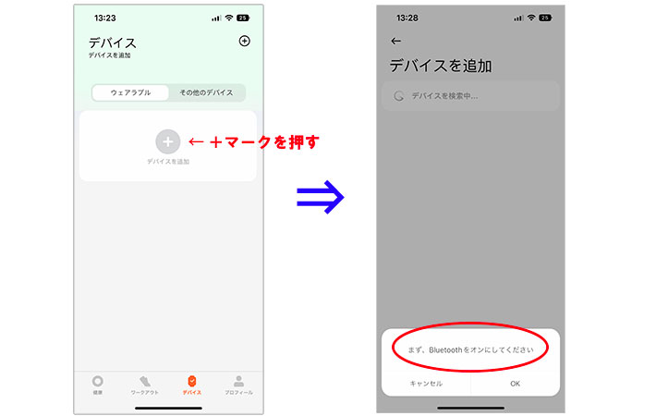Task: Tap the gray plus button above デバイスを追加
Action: pos(168,141)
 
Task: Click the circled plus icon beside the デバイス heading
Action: pos(244,41)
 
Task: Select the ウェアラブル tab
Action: pos(130,92)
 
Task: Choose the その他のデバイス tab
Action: pos(206,92)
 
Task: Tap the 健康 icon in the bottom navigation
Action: pos(98,381)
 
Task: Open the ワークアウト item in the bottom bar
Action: pos(145,381)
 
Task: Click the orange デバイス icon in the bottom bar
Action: pos(191,381)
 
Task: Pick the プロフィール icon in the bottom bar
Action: pos(239,381)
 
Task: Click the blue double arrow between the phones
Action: pos(320,197)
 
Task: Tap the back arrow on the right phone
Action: pos(395,41)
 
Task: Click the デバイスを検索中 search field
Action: pos(470,96)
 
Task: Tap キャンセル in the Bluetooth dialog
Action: pos(426,384)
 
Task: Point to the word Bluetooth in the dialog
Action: pos(445,349)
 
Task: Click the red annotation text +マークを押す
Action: pos(264,142)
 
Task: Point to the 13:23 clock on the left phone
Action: pos(105,18)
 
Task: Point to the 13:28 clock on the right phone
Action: pos(407,18)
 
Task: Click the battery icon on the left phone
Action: pos(243,18)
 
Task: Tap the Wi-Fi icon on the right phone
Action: pos(531,18)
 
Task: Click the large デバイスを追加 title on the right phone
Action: pos(441,67)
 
